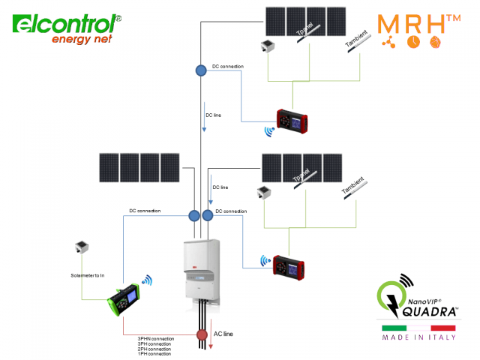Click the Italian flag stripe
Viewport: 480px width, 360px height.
tap(418, 328)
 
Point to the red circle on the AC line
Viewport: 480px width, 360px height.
tap(201, 334)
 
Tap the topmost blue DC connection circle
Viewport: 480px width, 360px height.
tap(201, 70)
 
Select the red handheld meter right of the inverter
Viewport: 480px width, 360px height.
tap(288, 266)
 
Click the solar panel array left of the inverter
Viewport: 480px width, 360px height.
tap(139, 167)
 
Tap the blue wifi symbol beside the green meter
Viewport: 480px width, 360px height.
tap(148, 280)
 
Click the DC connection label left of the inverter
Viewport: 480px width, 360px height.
tap(145, 211)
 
